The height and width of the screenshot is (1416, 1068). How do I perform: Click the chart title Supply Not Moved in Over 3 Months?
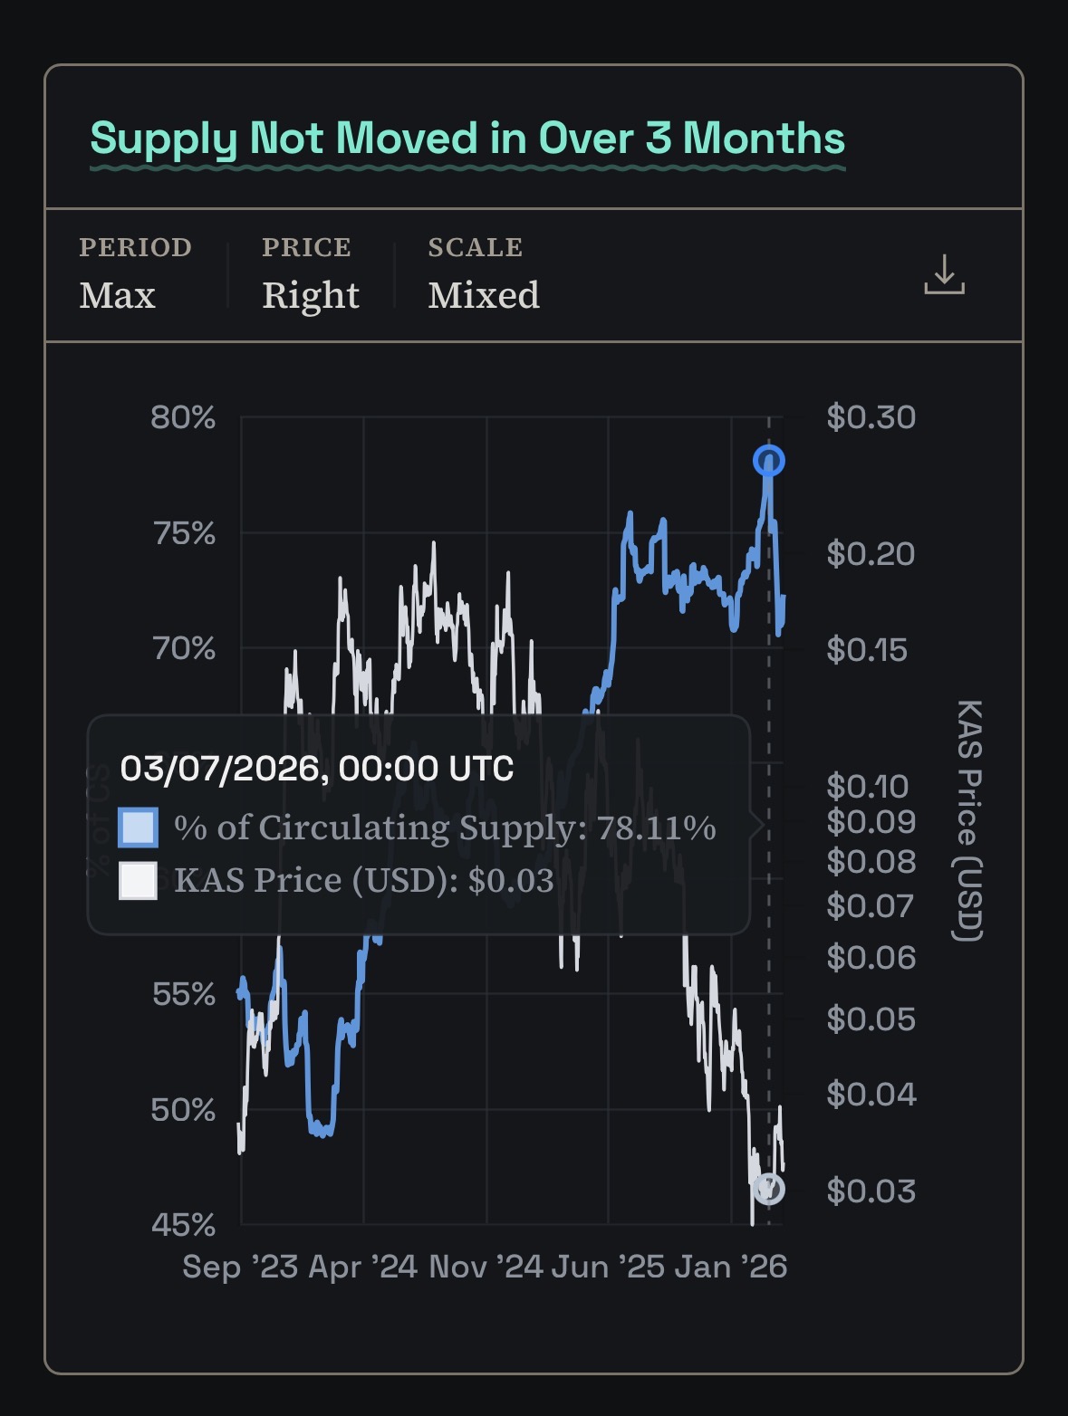467,139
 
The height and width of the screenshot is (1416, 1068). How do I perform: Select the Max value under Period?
117,295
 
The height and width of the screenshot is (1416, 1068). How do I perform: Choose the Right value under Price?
310,295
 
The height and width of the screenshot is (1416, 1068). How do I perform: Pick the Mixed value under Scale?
484,295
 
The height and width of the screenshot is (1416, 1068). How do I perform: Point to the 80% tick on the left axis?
183,417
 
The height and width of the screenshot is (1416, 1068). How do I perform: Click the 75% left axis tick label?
184,533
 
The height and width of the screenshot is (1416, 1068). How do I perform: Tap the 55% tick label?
184,994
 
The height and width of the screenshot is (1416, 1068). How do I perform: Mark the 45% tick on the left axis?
183,1225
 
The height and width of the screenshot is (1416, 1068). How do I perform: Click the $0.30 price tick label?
871,417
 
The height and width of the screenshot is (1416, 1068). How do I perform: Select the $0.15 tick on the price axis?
866,649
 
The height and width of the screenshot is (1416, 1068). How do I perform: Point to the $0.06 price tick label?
871,957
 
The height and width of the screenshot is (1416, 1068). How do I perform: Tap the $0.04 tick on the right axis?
871,1095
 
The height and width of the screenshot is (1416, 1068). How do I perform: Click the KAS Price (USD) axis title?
968,820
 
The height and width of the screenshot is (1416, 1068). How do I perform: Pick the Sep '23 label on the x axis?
239,1267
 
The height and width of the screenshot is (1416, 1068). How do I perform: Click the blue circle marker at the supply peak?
769,461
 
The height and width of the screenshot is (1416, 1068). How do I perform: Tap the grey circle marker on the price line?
769,1188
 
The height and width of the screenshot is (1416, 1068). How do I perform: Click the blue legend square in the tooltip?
138,828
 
